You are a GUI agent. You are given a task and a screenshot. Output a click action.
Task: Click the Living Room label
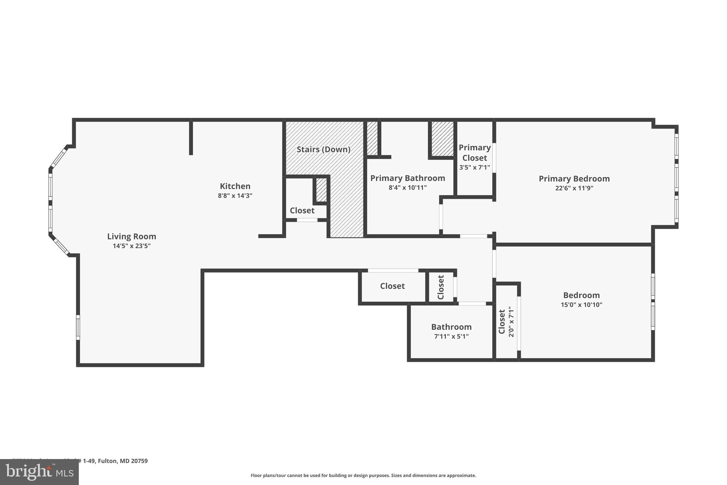tap(131, 236)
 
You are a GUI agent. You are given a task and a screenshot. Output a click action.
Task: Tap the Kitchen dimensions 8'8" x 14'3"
tap(235, 196)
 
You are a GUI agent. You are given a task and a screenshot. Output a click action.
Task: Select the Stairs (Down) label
tap(323, 149)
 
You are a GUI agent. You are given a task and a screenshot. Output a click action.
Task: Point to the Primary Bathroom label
tap(408, 178)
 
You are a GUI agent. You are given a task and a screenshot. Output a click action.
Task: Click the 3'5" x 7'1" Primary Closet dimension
tap(475, 167)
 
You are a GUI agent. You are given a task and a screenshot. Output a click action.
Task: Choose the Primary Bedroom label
tap(574, 179)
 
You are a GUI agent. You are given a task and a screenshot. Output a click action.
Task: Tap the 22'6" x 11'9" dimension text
tap(574, 188)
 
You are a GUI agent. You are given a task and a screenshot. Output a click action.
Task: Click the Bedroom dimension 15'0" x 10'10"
tap(581, 305)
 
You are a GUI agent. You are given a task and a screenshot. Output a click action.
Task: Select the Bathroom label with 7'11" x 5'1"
tap(451, 327)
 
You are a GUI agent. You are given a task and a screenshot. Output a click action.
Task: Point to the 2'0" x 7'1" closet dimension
tap(511, 322)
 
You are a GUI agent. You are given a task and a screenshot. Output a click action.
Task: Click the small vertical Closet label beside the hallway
tap(441, 287)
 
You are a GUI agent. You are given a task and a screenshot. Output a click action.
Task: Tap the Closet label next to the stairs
tap(302, 210)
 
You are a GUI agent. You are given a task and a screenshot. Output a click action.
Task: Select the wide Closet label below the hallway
tap(392, 286)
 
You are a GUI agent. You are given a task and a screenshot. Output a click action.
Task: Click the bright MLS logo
tap(39, 472)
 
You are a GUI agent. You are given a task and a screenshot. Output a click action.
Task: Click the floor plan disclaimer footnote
tap(363, 475)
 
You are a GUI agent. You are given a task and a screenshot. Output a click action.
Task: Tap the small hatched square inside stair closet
tap(321, 190)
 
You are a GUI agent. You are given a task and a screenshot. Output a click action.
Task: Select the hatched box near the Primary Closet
tap(442, 139)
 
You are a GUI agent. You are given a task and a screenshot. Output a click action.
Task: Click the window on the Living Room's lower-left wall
tap(78, 327)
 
